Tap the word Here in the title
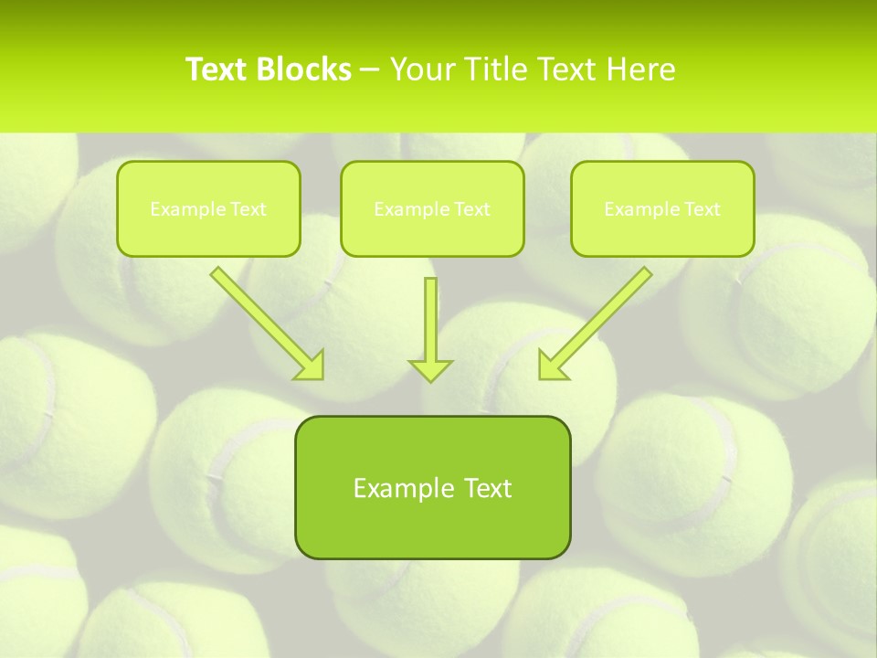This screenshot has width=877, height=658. (x=641, y=69)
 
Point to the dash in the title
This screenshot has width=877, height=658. (x=370, y=70)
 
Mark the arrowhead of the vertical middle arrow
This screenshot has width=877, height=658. (x=430, y=369)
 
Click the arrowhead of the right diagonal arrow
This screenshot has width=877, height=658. (x=551, y=366)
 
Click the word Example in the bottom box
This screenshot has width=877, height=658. (x=397, y=488)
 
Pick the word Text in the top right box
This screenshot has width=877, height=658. (x=703, y=209)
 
